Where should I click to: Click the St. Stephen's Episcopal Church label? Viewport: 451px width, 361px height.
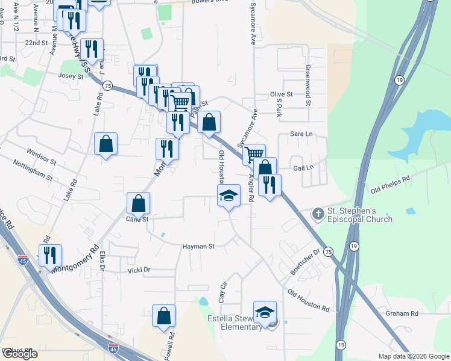coord(360,215)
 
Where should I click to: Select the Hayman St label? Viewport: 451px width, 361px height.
coord(199,247)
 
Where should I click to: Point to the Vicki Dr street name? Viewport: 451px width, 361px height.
coord(139,271)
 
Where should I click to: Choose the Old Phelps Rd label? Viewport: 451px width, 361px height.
coord(390,184)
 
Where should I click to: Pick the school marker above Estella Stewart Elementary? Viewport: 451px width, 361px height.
coord(265,312)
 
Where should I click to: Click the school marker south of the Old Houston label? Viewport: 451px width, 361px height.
coord(229,196)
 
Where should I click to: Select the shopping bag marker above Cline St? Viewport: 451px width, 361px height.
coord(139,203)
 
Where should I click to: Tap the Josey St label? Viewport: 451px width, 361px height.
coord(71,76)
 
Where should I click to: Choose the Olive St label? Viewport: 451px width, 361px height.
coord(281,94)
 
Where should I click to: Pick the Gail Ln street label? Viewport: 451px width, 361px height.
coord(303,168)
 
